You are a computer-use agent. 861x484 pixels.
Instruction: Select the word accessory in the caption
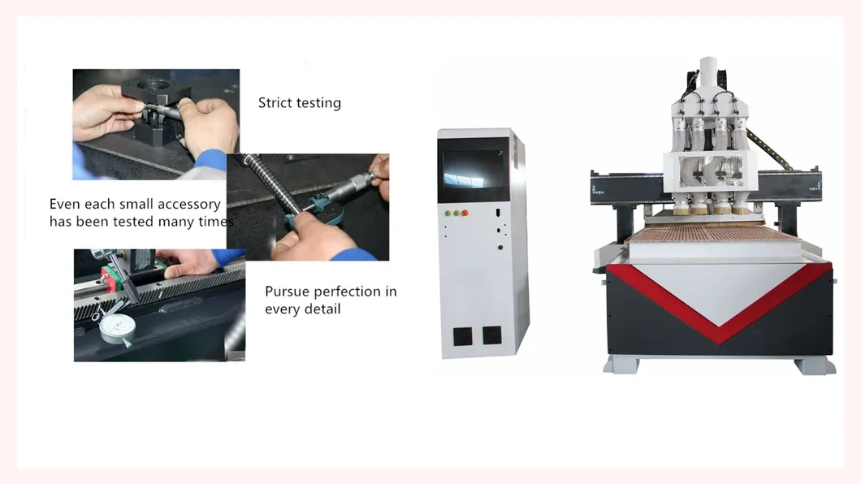[189, 205]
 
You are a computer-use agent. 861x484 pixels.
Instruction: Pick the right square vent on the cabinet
[491, 335]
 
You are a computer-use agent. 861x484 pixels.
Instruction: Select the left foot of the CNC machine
[620, 365]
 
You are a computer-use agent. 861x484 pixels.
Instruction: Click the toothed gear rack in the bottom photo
[162, 288]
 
